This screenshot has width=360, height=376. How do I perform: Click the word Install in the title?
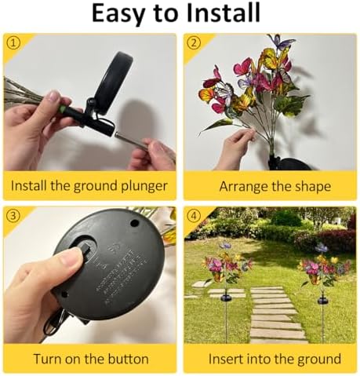(224, 13)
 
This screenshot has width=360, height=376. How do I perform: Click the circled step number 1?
(13, 43)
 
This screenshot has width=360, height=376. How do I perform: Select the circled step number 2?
(194, 43)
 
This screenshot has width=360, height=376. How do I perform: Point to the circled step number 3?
(13, 216)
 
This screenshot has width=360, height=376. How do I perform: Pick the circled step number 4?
(194, 216)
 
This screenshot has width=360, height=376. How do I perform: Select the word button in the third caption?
(128, 359)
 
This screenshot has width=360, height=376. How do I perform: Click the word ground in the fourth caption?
(319, 360)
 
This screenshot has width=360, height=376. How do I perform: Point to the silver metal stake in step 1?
(131, 141)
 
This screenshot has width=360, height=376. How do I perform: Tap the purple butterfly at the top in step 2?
(282, 42)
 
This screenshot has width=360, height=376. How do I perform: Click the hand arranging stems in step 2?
(237, 147)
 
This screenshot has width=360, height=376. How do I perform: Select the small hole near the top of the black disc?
(135, 223)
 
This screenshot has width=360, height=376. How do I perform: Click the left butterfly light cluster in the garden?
(227, 265)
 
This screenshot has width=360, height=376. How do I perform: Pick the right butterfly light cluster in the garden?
(324, 267)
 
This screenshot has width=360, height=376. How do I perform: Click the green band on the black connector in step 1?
(62, 109)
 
